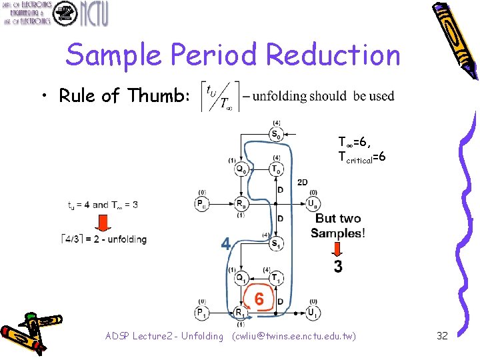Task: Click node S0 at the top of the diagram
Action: tap(275, 134)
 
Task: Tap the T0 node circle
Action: tap(276, 169)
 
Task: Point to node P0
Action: tap(201, 203)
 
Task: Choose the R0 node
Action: tap(241, 203)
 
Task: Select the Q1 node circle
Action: tap(242, 278)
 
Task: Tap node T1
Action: tap(276, 278)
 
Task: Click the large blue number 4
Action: tap(226, 245)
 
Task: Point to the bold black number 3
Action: tap(338, 267)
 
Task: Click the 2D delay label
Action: tap(302, 182)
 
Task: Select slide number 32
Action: tap(442, 335)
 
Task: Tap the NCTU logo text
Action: tap(93, 13)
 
